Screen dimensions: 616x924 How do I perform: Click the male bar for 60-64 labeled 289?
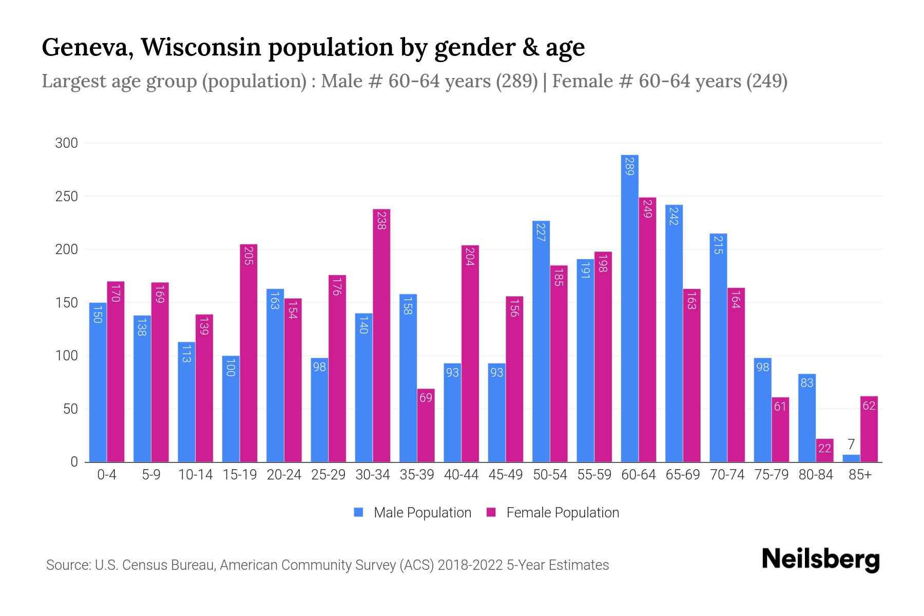click(x=629, y=308)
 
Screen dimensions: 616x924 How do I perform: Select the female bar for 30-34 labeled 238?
click(x=381, y=336)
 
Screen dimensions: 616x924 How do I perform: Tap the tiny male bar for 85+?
click(x=851, y=458)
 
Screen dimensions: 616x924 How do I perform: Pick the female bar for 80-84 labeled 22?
click(x=824, y=451)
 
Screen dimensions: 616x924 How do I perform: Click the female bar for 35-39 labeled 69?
click(x=426, y=426)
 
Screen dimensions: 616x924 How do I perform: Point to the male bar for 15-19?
click(x=230, y=409)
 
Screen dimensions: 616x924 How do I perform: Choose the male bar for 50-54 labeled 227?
click(x=541, y=341)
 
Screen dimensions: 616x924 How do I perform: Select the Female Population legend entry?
click(x=553, y=513)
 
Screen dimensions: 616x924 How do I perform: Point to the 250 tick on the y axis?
click(x=67, y=197)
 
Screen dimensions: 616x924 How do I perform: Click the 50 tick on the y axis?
click(x=70, y=409)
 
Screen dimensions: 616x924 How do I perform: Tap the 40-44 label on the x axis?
click(x=461, y=475)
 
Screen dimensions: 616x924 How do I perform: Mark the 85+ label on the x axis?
click(x=860, y=475)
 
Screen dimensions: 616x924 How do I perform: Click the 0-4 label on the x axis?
click(x=107, y=475)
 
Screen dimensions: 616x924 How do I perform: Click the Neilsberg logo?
click(x=820, y=560)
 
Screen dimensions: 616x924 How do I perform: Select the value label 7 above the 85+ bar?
click(x=851, y=445)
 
